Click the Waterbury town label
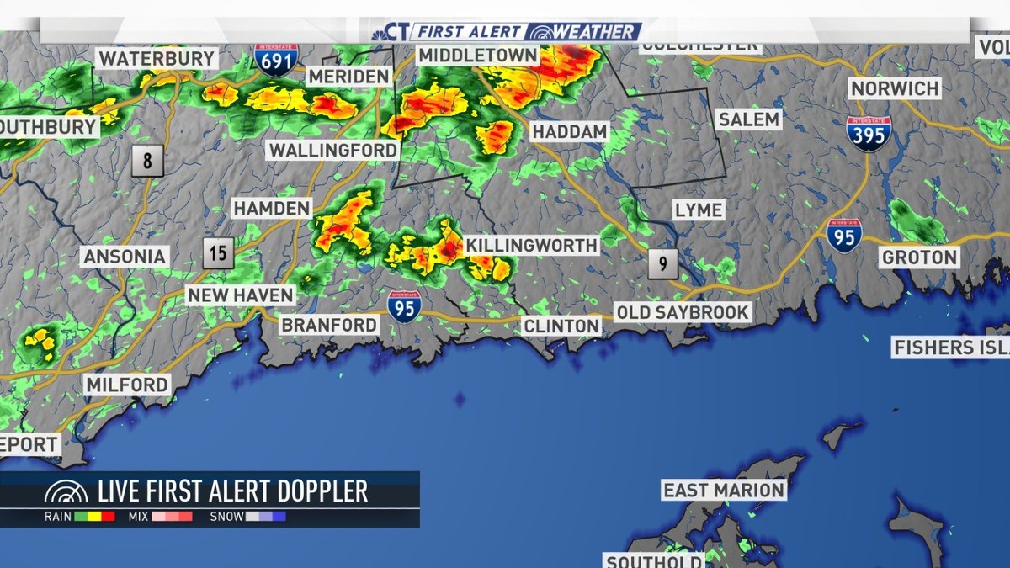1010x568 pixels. coord(157,58)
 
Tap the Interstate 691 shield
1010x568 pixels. coord(276,59)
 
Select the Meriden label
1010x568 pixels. coord(348,77)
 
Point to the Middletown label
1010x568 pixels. coord(477,55)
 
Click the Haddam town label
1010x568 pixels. coord(570,132)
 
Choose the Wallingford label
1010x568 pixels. coord(332,151)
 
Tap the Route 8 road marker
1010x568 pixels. coord(147,160)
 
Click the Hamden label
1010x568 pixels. coord(271,208)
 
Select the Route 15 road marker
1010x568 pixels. coord(218,252)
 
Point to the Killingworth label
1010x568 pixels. coord(531,246)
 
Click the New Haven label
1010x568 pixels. coord(240,295)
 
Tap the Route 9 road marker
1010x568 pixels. coord(663,264)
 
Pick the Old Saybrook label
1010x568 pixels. coord(683,312)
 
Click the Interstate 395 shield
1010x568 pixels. coord(869,133)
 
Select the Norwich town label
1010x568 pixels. coord(894,88)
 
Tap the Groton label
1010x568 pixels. coord(919,257)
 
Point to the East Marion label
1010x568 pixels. coord(723,490)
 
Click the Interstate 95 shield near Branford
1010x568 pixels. coord(405,306)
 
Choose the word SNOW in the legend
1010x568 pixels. coord(226,517)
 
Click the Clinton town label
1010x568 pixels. coord(561,326)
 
